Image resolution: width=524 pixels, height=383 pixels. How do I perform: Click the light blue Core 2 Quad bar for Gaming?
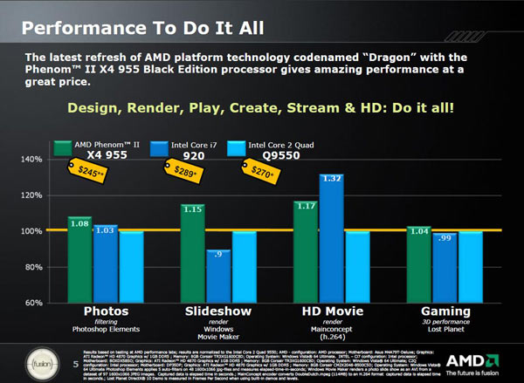pos(472,266)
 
